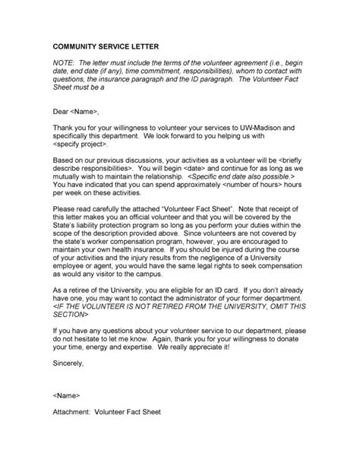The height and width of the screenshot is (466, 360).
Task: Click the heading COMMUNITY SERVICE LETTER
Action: coord(111,47)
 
